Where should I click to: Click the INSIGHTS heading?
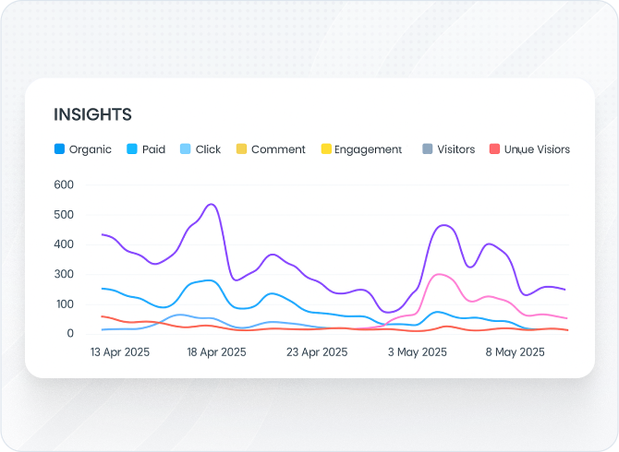point(92,114)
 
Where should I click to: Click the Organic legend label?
point(91,149)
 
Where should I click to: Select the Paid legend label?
point(153,149)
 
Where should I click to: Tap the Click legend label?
point(208,149)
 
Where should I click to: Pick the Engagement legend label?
point(368,149)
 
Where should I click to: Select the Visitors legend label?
point(455,149)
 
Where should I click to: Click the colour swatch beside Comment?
point(241,149)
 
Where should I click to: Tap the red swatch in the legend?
point(495,149)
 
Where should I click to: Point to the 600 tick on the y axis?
point(63,184)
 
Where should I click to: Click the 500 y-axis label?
point(63,215)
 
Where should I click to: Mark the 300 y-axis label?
point(63,274)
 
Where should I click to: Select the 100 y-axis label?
point(63,303)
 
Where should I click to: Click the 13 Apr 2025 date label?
point(119,352)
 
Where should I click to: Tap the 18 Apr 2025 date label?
point(216,352)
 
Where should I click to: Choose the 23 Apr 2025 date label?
point(317,352)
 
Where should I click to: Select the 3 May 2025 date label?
point(417,352)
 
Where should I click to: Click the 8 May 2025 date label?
point(515,352)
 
